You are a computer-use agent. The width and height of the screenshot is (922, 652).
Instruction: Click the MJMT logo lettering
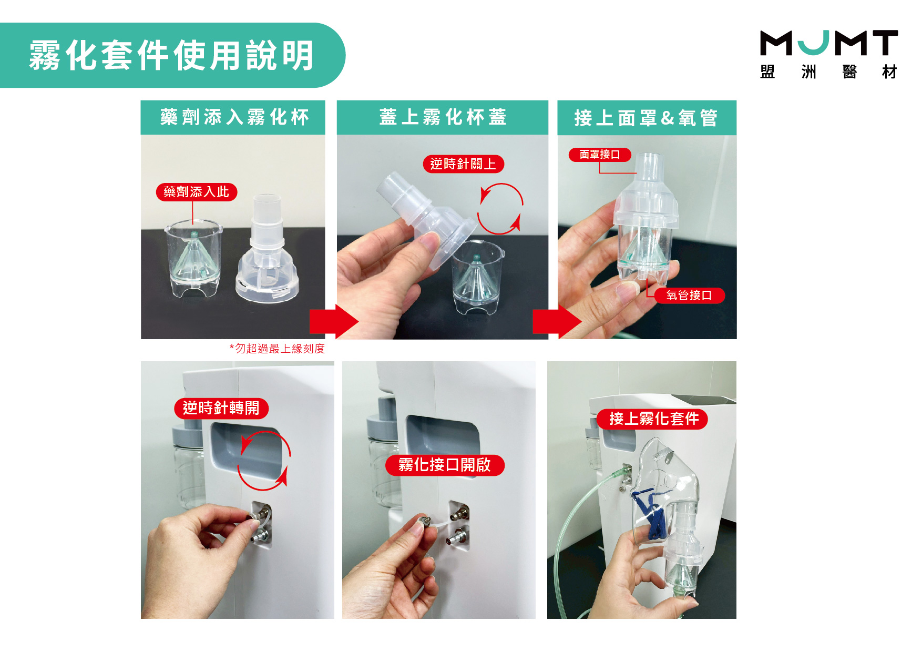(x=829, y=43)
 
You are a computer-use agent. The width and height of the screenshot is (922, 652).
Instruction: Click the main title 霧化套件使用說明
(x=171, y=55)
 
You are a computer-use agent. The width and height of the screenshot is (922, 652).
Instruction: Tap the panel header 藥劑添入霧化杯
(x=234, y=117)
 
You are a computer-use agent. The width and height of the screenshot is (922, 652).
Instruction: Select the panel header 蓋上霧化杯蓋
(x=443, y=117)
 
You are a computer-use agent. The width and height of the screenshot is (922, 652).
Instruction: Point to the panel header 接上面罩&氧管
(x=646, y=118)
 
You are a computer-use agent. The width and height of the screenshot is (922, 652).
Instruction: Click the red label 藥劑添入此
(x=197, y=192)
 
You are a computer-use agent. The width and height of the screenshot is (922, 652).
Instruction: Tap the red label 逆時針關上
(x=463, y=164)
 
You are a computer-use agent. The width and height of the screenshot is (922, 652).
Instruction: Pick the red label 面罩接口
(x=600, y=155)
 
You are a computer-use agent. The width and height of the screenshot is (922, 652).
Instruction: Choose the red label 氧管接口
(x=689, y=296)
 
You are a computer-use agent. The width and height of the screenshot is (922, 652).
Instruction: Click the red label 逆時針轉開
(x=221, y=408)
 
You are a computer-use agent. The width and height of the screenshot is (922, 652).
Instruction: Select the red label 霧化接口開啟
(x=445, y=465)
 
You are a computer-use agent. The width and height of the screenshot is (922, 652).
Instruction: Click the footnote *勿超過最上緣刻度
(x=277, y=349)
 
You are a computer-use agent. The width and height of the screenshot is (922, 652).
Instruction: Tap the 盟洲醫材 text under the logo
(x=829, y=72)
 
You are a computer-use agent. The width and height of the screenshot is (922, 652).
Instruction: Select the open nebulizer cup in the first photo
(x=194, y=258)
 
